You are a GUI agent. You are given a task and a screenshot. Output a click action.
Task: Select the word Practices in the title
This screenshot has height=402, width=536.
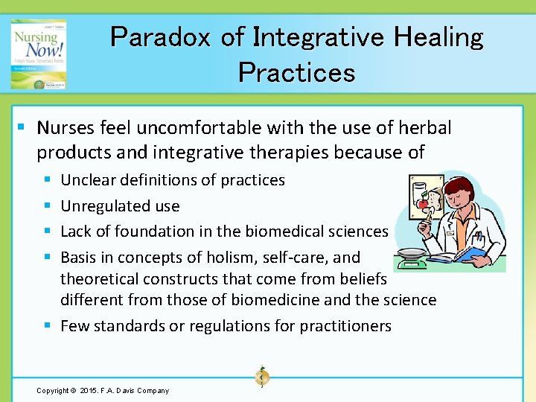[x=296, y=72]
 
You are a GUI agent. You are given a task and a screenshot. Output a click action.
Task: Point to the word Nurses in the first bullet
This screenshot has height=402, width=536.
[x=64, y=128]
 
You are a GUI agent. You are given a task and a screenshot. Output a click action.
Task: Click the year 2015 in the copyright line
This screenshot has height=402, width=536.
[x=83, y=391]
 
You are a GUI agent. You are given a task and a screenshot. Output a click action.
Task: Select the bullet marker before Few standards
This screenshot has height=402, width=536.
[x=47, y=326]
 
